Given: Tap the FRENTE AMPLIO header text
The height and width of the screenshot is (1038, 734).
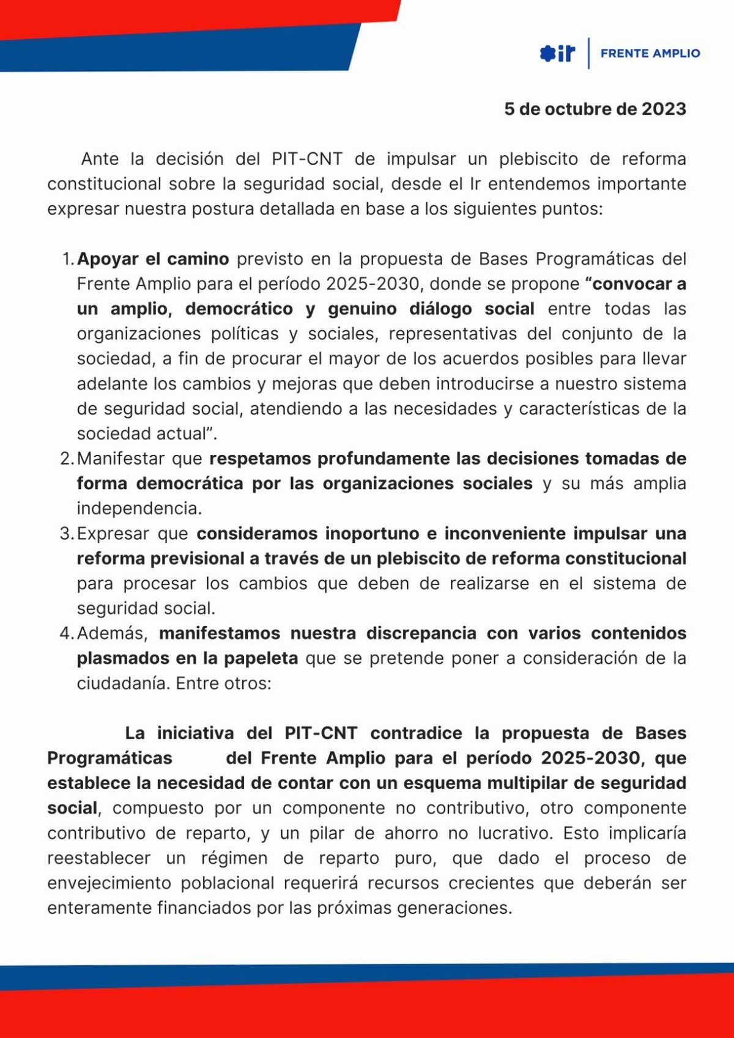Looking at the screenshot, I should point(650,54).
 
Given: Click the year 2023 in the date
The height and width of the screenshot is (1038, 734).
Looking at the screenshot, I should point(664,109).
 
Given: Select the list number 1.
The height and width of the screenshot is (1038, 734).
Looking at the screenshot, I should point(67,259).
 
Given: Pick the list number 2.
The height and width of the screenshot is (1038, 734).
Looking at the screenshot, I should point(67,458).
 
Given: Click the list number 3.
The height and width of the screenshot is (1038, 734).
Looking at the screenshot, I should point(67,534).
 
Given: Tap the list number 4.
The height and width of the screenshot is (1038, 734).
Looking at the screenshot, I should point(67,633).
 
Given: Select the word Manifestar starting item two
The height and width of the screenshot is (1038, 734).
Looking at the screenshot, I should point(120,458).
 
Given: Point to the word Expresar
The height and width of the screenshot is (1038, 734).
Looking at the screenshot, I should point(113,534).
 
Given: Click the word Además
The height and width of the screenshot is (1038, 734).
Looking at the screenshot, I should point(112,633).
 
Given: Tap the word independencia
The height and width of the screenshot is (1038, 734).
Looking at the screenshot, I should point(139,509).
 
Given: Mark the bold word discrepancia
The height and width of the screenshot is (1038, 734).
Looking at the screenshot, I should point(421,633).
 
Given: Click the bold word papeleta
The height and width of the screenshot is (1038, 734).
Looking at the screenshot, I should point(261,658).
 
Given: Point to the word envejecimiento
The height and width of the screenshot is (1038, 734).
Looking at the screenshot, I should point(109,883).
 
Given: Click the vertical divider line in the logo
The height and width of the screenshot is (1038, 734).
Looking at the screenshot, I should point(588,53).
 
